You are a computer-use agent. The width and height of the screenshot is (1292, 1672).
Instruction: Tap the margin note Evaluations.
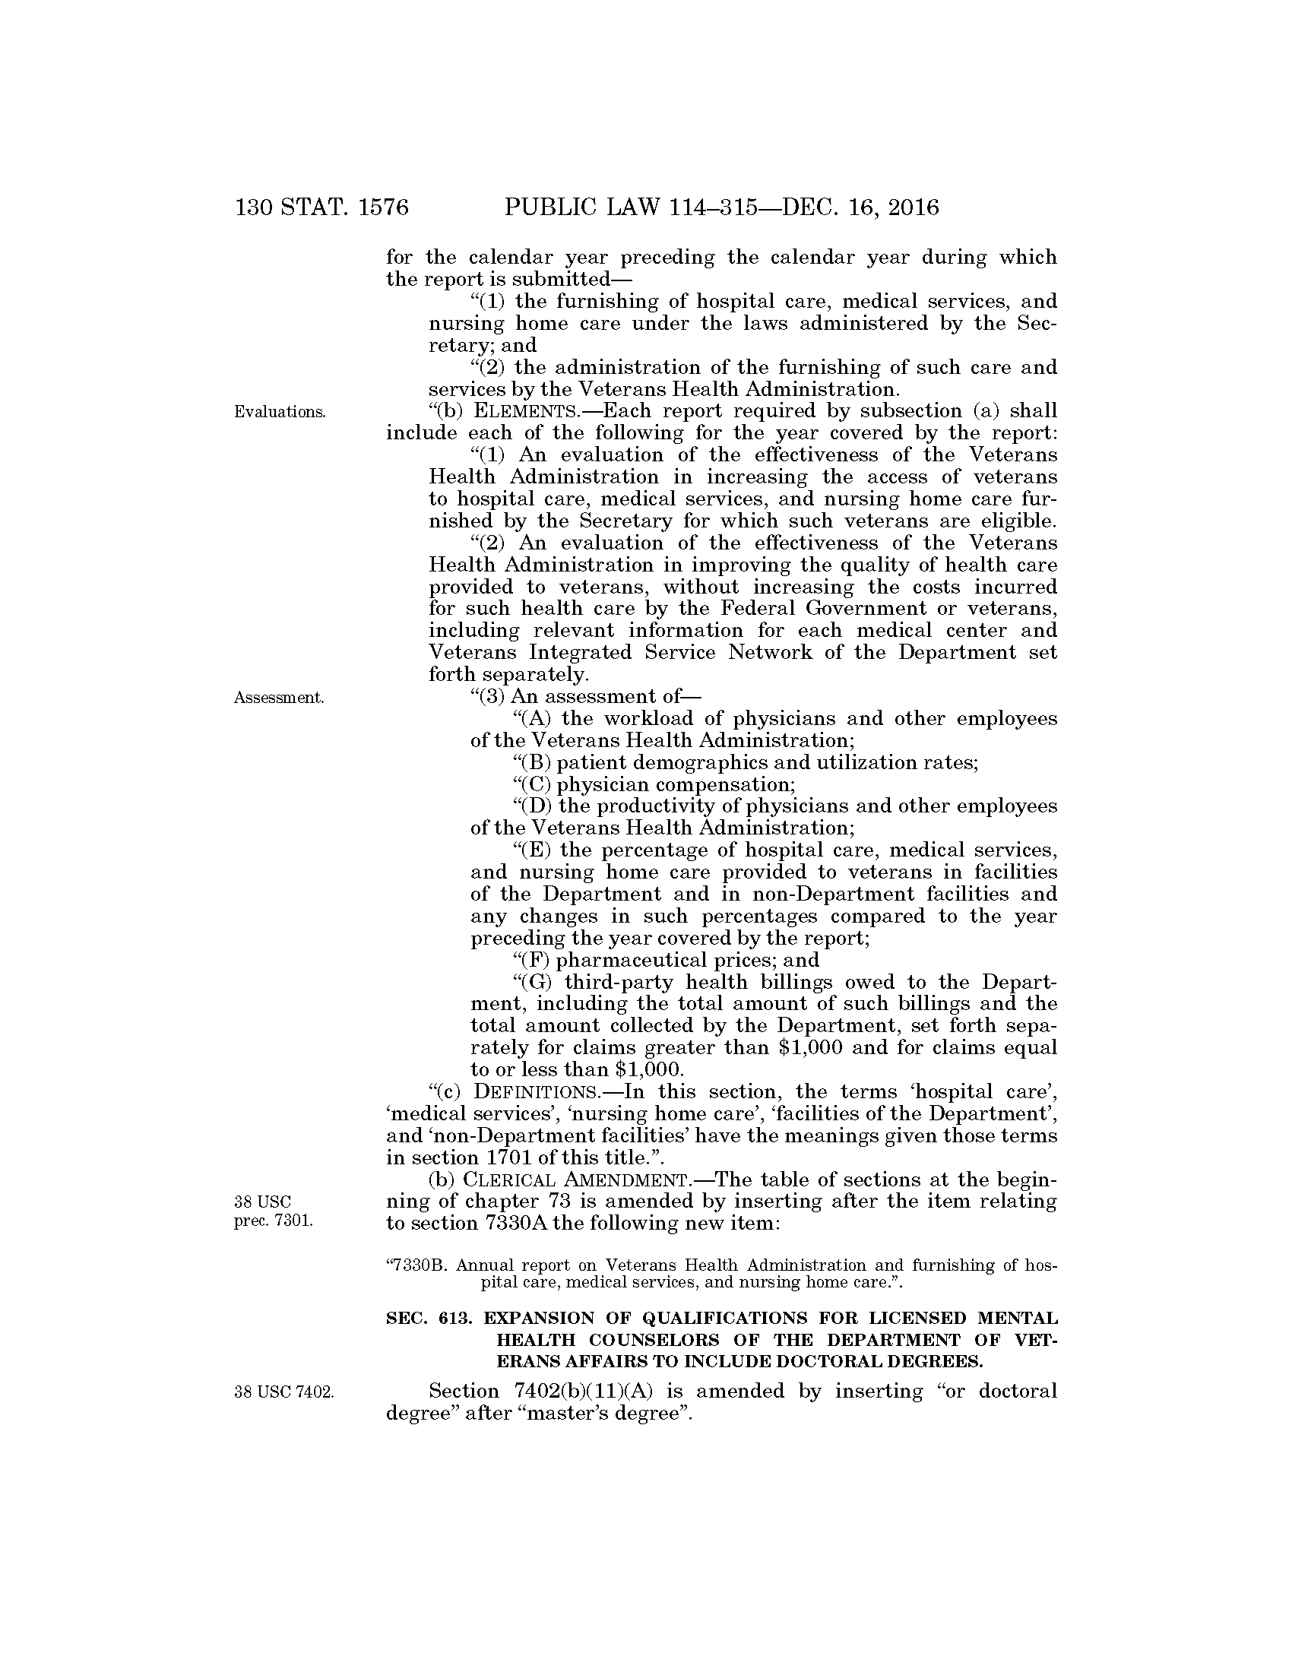280,412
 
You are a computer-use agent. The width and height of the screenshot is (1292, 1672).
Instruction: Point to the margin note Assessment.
279,698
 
